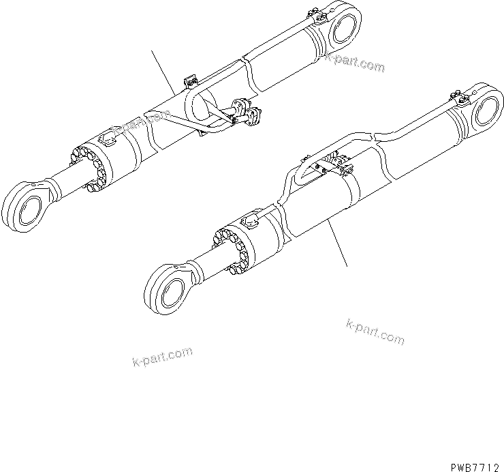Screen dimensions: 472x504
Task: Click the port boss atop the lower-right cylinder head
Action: [249, 220]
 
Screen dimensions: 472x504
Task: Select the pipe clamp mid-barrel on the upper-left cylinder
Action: [191, 83]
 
